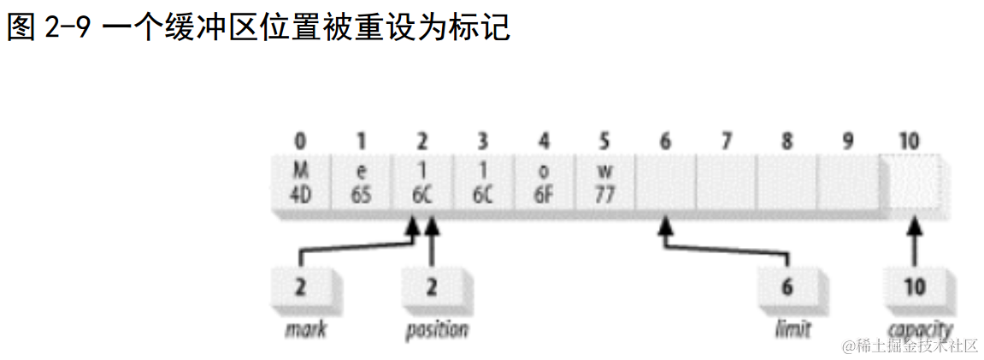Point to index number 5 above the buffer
604,141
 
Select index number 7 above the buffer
726,141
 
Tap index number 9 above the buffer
847,141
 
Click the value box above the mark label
300,287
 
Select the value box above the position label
432,287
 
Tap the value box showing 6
787,287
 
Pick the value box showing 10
914,287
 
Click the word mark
306,329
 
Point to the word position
437,330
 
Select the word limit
791,329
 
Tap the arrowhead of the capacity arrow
914,229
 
